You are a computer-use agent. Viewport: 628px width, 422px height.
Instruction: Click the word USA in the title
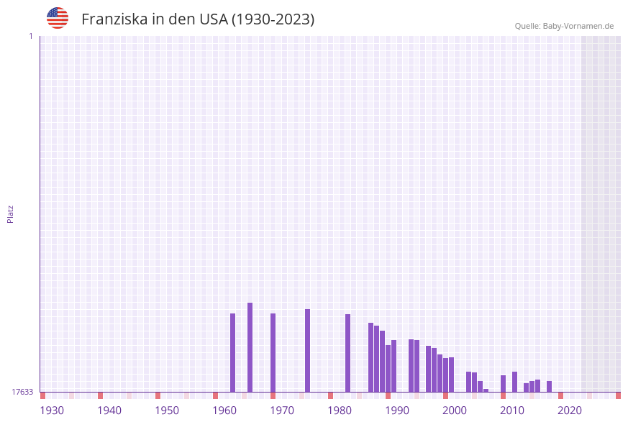(x=214, y=19)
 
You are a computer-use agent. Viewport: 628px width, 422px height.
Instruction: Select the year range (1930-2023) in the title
(x=273, y=19)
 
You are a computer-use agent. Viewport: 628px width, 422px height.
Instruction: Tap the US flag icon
(x=58, y=18)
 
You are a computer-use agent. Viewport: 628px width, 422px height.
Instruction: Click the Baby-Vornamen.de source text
(x=578, y=26)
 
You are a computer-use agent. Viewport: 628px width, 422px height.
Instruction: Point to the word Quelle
(x=527, y=26)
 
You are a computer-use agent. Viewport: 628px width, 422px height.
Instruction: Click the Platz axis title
(x=11, y=214)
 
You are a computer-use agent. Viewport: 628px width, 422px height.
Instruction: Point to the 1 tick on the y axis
(x=31, y=36)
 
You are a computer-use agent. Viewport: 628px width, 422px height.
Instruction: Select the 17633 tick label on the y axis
(x=22, y=392)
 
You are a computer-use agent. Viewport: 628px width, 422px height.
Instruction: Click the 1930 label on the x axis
(x=52, y=410)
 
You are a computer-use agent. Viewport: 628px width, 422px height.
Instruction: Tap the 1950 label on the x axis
(x=167, y=410)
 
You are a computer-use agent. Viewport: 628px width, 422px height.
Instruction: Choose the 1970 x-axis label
(x=282, y=410)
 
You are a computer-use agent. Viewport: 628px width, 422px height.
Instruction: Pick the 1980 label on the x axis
(x=340, y=410)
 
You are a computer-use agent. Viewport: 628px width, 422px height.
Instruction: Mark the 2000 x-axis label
(x=455, y=410)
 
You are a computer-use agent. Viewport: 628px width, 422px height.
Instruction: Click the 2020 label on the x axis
(x=570, y=410)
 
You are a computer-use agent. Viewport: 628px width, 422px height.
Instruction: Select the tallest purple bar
(x=250, y=347)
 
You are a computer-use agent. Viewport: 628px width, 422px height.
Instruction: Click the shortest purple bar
(x=486, y=390)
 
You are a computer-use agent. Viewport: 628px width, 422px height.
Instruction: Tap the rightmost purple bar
(x=549, y=386)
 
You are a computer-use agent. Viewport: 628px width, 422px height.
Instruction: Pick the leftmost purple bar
(x=232, y=352)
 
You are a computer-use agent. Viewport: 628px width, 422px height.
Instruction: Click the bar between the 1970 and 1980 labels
(x=307, y=350)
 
